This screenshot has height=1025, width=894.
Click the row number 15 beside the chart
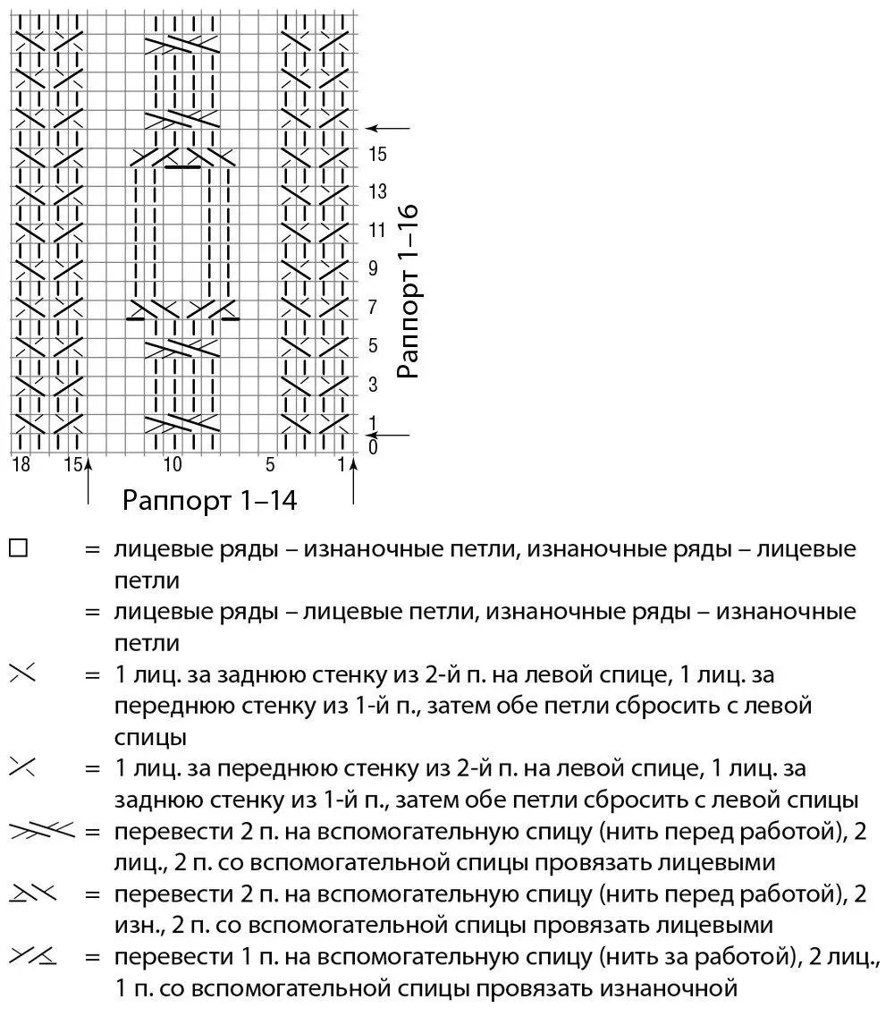[377, 155]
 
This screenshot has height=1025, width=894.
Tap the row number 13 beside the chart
[377, 192]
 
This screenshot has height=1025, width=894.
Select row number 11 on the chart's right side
[377, 231]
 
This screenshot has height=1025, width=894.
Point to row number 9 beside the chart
[374, 268]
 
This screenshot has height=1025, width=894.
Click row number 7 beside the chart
[374, 307]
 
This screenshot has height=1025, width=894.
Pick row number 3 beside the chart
[374, 384]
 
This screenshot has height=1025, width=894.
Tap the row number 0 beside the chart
[373, 447]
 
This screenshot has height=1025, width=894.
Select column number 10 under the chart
[173, 464]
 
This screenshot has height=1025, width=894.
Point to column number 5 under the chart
[270, 464]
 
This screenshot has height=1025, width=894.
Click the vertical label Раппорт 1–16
[408, 292]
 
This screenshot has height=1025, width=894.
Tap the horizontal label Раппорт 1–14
[209, 499]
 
